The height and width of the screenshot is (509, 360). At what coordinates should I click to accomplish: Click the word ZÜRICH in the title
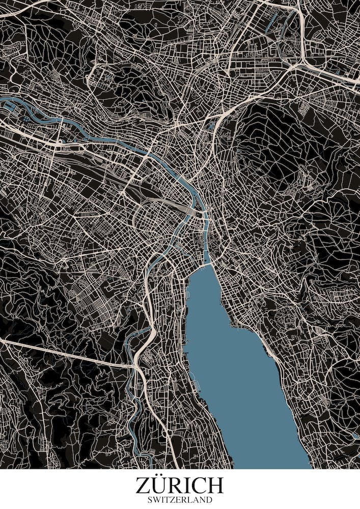pyautogui.click(x=179, y=486)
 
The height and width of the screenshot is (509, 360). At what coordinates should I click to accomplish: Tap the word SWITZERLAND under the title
pyautogui.click(x=179, y=500)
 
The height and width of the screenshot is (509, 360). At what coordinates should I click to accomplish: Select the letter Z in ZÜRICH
pyautogui.click(x=143, y=486)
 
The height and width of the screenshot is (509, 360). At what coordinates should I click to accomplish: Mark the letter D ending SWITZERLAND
pyautogui.click(x=209, y=500)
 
